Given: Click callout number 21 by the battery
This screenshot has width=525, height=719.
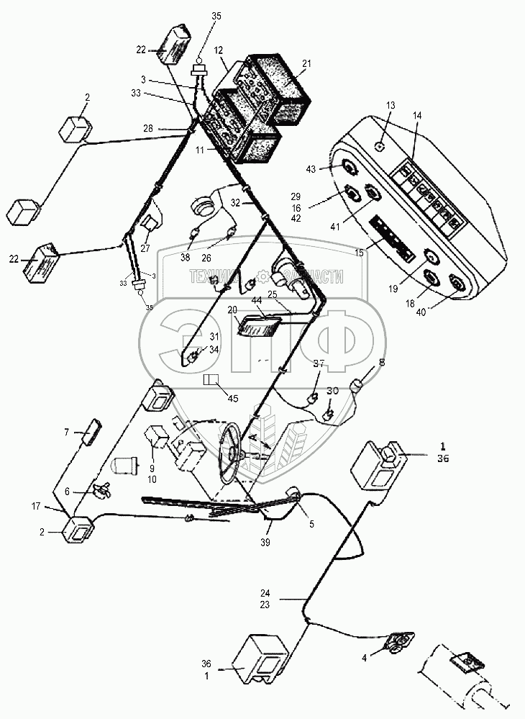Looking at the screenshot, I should coord(306,63).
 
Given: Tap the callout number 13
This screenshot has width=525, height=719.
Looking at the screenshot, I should coord(391,105).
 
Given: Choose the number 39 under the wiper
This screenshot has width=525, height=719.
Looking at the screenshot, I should coord(266,542).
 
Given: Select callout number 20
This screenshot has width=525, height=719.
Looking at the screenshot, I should coord(232,309).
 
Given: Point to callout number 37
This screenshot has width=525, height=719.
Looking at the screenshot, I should coord(319,364).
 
